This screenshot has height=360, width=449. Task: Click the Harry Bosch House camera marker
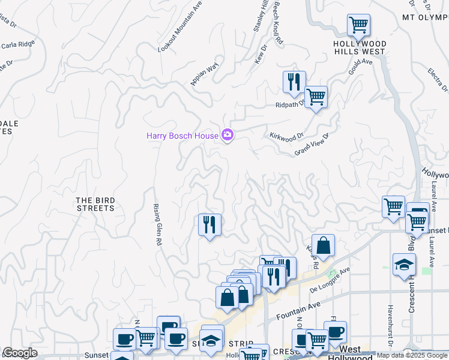[x=228, y=136]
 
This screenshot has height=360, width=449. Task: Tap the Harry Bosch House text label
[x=182, y=136]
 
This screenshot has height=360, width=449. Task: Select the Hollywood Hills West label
[x=360, y=48]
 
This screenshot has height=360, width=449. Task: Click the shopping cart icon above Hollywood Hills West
[x=358, y=25]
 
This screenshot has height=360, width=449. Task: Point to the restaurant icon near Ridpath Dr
[x=294, y=82]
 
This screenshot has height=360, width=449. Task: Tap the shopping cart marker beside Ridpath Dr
[x=316, y=97]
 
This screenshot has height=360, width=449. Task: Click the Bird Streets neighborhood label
[x=95, y=204]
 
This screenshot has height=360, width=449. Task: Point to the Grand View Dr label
[x=312, y=144]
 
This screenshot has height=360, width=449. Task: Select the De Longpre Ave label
[x=330, y=280]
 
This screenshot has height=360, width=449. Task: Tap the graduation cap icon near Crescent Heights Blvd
[x=404, y=264]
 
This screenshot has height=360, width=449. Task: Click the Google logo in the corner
[x=20, y=353]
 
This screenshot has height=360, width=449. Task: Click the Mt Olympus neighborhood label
[x=425, y=18]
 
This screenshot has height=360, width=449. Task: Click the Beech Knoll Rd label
[x=278, y=23]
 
